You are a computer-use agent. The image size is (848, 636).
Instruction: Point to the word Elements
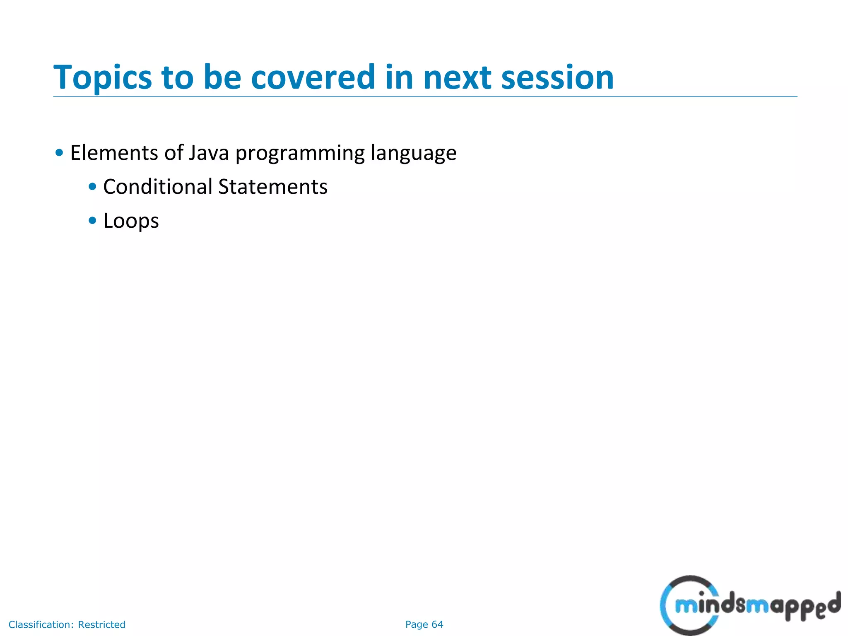[114, 153]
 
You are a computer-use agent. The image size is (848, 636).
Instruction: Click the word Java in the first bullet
[209, 153]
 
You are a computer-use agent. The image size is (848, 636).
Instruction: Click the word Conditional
[157, 187]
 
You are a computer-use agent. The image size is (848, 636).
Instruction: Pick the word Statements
[273, 187]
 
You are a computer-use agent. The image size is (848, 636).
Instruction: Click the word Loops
[131, 221]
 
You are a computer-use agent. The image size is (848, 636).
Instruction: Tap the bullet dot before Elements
[59, 153]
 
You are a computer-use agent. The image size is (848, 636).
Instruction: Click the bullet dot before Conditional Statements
[92, 187]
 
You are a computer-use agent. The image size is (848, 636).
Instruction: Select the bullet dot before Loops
[92, 221]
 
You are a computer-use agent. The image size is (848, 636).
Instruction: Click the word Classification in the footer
[41, 624]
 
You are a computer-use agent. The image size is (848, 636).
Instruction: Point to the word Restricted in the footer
[101, 624]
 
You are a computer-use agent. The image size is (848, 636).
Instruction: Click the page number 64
[437, 624]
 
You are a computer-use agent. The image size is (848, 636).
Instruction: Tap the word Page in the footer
[416, 625]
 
